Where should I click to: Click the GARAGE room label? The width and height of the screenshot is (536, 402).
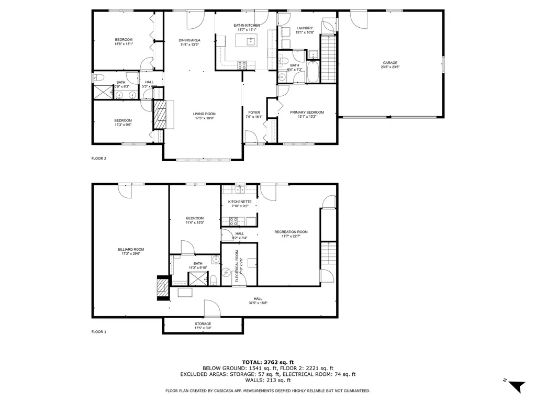[x=390, y=63]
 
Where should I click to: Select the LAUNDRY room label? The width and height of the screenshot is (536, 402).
[x=305, y=28]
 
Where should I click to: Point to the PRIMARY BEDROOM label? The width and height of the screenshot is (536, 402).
[x=307, y=112]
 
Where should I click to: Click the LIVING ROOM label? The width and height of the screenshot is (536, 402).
[x=204, y=114]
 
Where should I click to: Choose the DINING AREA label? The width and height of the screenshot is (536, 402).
[x=189, y=40]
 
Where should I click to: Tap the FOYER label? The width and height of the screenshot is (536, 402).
[x=254, y=112]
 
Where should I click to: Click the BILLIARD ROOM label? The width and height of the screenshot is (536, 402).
[x=131, y=250]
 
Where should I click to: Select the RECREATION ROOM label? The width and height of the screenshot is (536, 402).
[x=291, y=232]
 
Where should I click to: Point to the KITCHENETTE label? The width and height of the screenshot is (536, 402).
[x=240, y=202]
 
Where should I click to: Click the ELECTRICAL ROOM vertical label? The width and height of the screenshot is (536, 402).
[x=237, y=266]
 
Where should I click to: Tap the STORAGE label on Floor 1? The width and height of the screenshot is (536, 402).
[x=203, y=324]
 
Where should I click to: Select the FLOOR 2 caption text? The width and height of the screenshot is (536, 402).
[x=99, y=158]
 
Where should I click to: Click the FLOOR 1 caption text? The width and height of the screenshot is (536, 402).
[x=99, y=332]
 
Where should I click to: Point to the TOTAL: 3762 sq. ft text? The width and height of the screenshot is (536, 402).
[x=267, y=362]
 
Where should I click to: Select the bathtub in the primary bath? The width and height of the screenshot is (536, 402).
[x=312, y=72]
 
